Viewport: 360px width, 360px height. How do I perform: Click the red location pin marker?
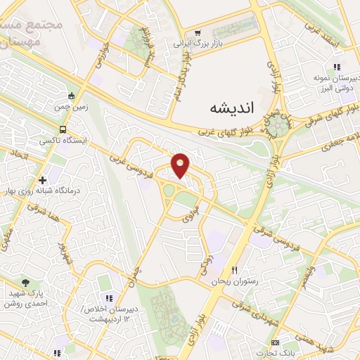coord(181,165)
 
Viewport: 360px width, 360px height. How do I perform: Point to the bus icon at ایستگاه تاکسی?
coord(64,130)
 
